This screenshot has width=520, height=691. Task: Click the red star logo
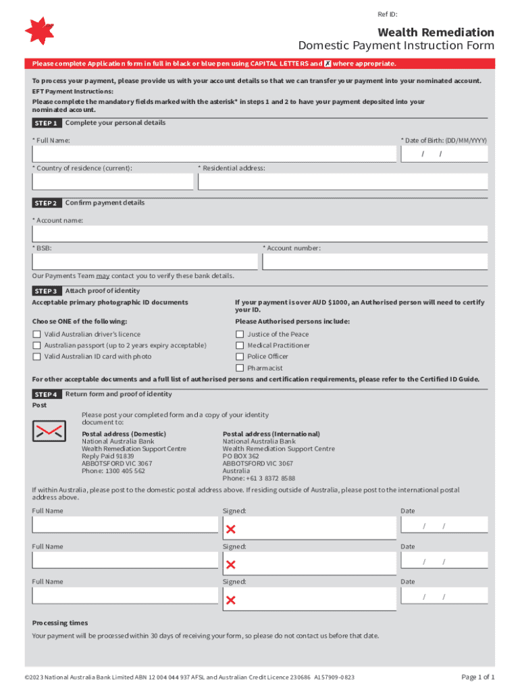point(38,31)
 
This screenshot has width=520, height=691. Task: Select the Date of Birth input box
point(444,154)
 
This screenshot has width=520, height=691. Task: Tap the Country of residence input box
point(112,182)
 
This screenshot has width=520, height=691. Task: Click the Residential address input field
point(342,182)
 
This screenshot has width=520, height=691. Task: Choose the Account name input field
point(259,233)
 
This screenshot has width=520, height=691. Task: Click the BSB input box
point(145,261)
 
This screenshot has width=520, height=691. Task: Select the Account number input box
point(375,261)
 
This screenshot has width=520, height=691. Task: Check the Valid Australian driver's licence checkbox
point(37,334)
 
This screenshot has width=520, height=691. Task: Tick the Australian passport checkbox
point(37,345)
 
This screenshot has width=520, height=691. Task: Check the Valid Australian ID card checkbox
point(37,356)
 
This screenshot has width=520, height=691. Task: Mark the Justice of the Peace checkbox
point(240,334)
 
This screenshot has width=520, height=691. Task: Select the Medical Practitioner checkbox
point(240,345)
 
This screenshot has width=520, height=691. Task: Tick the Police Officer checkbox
point(240,356)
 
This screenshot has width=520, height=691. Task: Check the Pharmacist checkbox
point(240,368)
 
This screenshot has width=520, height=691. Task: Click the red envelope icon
point(49,431)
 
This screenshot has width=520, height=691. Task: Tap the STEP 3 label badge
point(46,291)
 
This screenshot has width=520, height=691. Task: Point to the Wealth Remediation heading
point(436,32)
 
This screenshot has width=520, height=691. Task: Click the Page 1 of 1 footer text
point(477,677)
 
